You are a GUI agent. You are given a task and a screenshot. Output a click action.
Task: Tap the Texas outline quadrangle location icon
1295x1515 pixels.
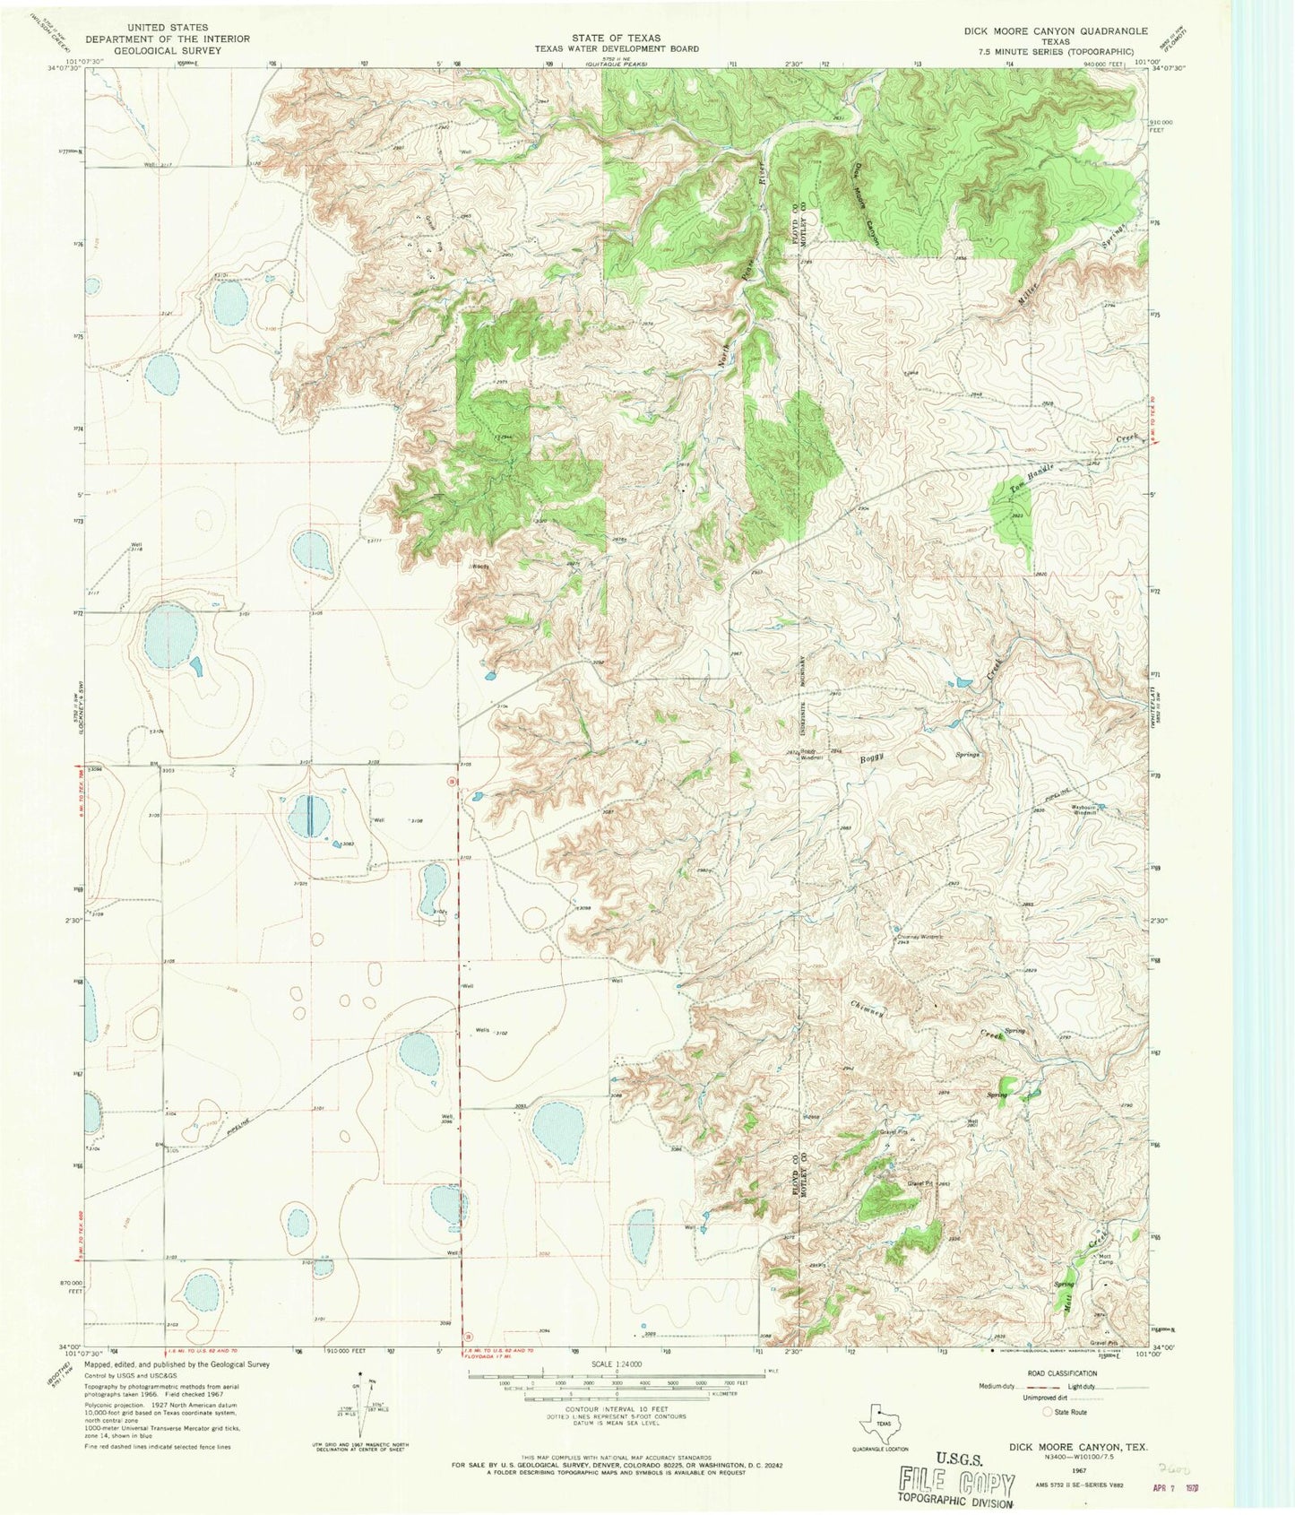(876, 1421)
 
